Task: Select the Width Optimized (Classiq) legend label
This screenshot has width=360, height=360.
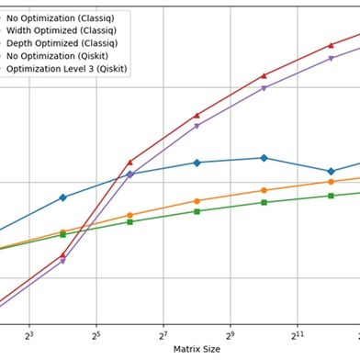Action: [63, 29]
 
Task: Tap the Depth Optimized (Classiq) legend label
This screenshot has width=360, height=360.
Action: [63, 42]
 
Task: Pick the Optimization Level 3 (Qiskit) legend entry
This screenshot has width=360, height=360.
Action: [65, 67]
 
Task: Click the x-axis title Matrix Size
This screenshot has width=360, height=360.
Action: [197, 349]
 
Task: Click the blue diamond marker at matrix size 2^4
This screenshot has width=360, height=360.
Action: [62, 197]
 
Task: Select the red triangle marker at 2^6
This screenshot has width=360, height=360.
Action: [129, 162]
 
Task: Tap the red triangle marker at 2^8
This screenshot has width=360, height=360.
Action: [197, 116]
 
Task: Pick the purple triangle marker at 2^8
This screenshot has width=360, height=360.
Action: [197, 126]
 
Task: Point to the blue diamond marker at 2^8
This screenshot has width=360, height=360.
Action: [197, 163]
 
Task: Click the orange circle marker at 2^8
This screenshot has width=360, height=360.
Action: [197, 201]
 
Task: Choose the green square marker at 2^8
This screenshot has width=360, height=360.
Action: [197, 211]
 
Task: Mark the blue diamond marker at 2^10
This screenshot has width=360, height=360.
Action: [264, 158]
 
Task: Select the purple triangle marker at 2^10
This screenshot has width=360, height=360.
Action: [264, 88]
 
